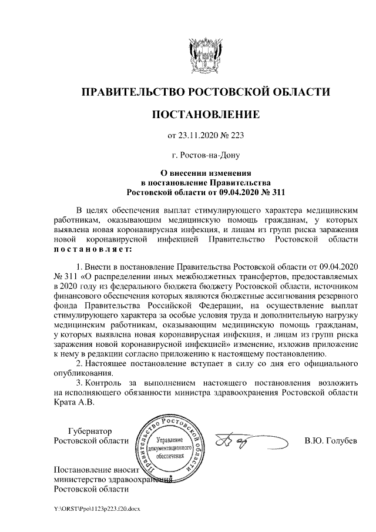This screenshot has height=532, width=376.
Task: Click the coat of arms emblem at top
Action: tap(205, 55)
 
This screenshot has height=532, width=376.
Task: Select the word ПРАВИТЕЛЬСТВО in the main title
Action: tap(132, 92)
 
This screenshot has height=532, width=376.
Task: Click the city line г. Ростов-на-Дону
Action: tap(205, 155)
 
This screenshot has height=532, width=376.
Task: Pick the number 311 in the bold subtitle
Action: tap(276, 192)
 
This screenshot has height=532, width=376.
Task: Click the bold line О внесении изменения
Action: tap(205, 174)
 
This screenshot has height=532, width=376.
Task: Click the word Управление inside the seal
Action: tap(171, 440)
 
